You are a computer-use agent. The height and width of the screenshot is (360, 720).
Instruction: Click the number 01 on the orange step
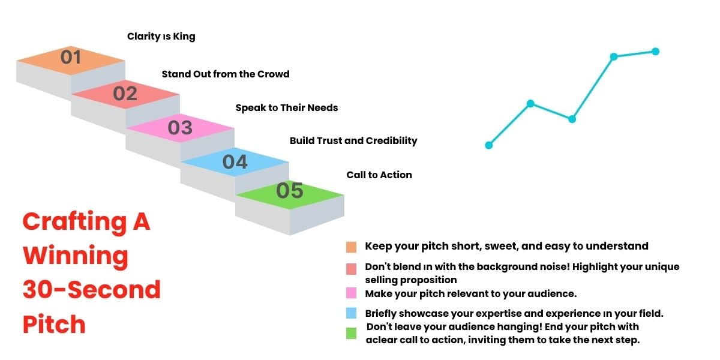pyautogui.click(x=71, y=58)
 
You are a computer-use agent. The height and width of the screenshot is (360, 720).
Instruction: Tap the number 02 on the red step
pyautogui.click(x=125, y=94)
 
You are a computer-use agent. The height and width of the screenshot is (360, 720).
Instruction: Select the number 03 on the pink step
pyautogui.click(x=180, y=128)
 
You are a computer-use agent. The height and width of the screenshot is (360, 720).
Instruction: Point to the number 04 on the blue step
pyautogui.click(x=235, y=162)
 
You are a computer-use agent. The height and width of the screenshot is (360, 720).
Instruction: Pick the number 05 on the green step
pyautogui.click(x=290, y=191)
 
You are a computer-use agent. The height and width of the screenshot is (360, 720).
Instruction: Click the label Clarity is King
pyautogui.click(x=161, y=37)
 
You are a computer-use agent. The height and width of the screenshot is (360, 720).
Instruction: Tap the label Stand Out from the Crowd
pyautogui.click(x=226, y=74)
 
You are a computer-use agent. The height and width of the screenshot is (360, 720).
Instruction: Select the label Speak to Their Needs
pyautogui.click(x=287, y=108)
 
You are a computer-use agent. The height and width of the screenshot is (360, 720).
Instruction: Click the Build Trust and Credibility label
pyautogui.click(x=353, y=141)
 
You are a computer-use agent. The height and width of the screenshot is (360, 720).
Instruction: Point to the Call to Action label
pyautogui.click(x=379, y=175)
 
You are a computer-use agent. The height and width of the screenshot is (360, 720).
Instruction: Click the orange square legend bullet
pyautogui.click(x=352, y=247)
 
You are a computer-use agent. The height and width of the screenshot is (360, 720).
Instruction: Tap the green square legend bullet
pyautogui.click(x=352, y=334)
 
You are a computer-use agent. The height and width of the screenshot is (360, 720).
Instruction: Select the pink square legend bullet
pyautogui.click(x=352, y=293)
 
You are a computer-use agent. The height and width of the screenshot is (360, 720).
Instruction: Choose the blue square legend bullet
pyautogui.click(x=352, y=313)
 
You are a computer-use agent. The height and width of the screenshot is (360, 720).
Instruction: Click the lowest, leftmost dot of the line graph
pyautogui.click(x=489, y=145)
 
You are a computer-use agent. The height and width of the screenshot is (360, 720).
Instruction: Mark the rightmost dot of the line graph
pyautogui.click(x=655, y=52)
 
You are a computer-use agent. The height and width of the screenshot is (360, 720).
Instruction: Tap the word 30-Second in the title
pyautogui.click(x=92, y=290)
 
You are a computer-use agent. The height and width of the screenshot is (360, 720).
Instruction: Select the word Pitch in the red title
pyautogui.click(x=54, y=325)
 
